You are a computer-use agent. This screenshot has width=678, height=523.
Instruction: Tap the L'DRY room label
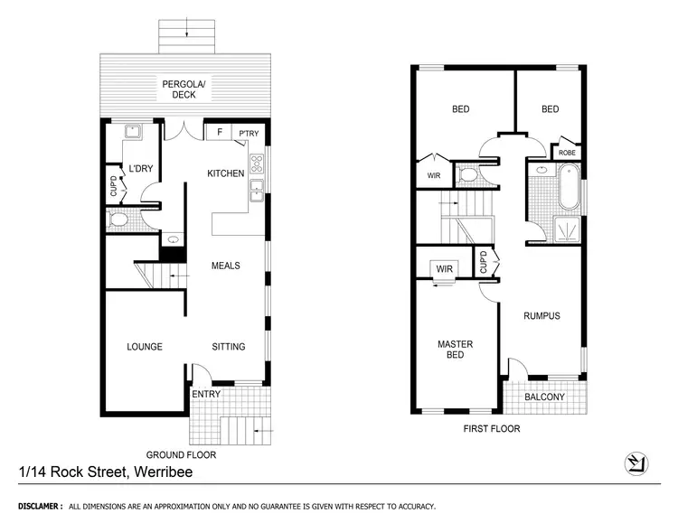pyautogui.click(x=139, y=169)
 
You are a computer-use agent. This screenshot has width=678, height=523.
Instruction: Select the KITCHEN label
pyautogui.click(x=226, y=173)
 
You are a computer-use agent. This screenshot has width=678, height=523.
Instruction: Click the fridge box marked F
pyautogui.click(x=220, y=134)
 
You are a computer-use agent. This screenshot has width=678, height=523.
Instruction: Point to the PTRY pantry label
pyautogui.click(x=249, y=135)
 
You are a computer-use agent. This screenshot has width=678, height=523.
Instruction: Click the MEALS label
pyautogui.click(x=225, y=266)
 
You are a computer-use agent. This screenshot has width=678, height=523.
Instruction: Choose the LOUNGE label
pyautogui.click(x=145, y=346)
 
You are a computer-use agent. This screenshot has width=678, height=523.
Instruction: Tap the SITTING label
pyautogui.click(x=228, y=346)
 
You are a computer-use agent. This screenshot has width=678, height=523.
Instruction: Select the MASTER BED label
pyautogui.click(x=455, y=350)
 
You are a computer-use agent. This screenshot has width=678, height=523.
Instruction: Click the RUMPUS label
pyautogui.click(x=541, y=315)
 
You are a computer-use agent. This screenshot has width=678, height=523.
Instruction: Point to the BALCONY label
pyautogui.click(x=544, y=397)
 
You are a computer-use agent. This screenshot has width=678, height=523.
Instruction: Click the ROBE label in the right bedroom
pyautogui.click(x=567, y=153)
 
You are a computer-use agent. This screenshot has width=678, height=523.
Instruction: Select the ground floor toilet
pyautogui.click(x=118, y=219)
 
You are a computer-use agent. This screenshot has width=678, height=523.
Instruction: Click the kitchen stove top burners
pyautogui.click(x=258, y=164)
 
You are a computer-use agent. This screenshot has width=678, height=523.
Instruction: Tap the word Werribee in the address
pyautogui.click(x=163, y=472)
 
